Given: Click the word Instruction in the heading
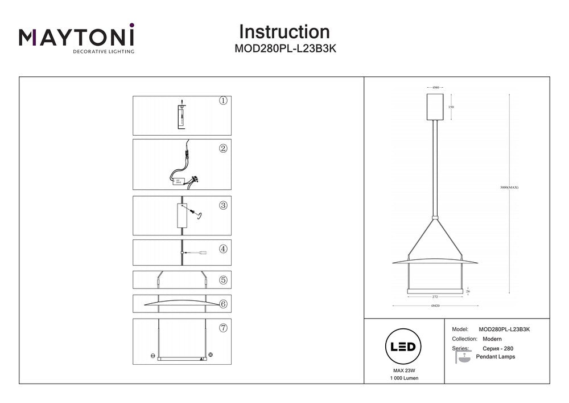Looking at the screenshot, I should [x=284, y=31].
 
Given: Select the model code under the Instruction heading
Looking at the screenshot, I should [x=284, y=49].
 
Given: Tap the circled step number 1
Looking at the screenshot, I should [x=223, y=101].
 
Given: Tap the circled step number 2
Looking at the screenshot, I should [x=223, y=148].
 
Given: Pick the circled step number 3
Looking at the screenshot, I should [x=223, y=205].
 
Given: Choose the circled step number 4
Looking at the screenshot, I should [x=223, y=249].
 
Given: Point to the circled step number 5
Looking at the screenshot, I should [x=223, y=280].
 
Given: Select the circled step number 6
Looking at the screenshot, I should [x=223, y=304].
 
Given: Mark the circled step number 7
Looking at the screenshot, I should [x=223, y=328].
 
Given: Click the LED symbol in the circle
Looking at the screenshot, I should [x=403, y=347].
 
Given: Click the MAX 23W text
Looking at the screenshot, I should [x=403, y=371].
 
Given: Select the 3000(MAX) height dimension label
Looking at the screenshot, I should [x=509, y=188].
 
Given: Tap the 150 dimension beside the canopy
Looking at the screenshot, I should [x=451, y=107].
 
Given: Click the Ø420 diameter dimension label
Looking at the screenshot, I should [x=435, y=306].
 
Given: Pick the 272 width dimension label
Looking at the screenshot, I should [x=435, y=298].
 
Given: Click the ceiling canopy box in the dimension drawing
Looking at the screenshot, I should [x=435, y=107].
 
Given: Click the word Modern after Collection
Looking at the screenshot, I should [x=490, y=339].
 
